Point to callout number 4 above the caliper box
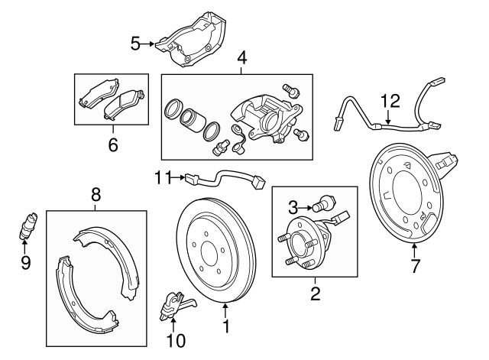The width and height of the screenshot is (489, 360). (241, 57)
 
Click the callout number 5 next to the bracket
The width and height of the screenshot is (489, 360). (135, 44)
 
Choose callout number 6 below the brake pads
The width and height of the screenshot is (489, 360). (112, 143)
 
